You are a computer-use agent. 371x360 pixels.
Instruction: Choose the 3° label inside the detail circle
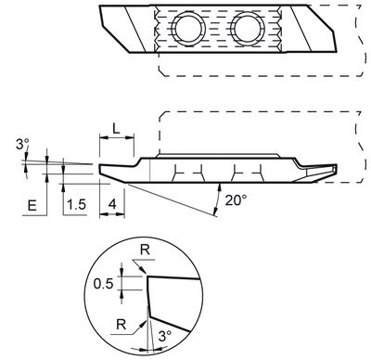(164, 338)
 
